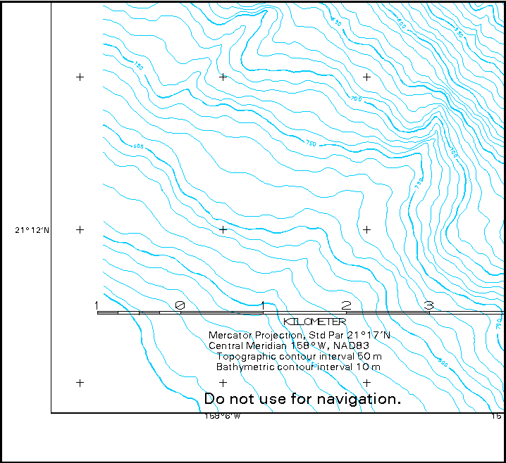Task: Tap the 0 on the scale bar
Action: (180, 305)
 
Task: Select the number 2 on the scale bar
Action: (346, 305)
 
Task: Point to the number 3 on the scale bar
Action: (428, 305)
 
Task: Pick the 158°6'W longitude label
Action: (223, 417)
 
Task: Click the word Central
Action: (228, 345)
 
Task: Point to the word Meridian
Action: (270, 345)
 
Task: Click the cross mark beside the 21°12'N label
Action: (80, 229)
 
